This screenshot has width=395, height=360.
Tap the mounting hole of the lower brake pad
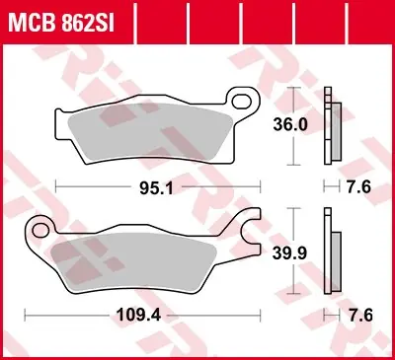tap(41, 231)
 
